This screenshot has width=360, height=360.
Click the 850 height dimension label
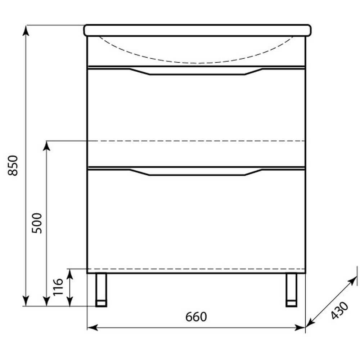pyautogui.click(x=13, y=166)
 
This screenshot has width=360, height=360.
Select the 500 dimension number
pyautogui.click(x=37, y=223)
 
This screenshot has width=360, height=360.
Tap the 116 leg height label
pyautogui.click(x=58, y=287)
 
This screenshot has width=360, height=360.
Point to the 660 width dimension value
pyautogui.click(x=196, y=317)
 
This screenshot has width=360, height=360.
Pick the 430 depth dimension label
pyautogui.click(x=339, y=310)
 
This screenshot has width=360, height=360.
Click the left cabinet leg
pyautogui.click(x=101, y=290)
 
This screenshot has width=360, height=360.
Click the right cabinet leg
pyautogui.click(x=291, y=290)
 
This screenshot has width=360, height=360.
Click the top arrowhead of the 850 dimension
pyautogui.click(x=26, y=30)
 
